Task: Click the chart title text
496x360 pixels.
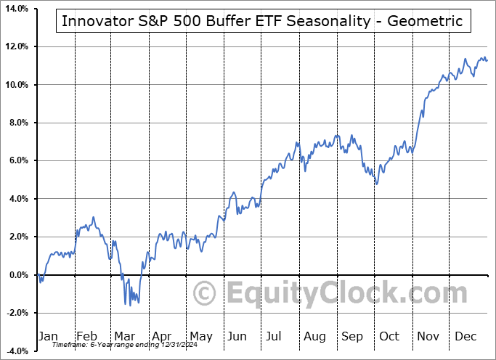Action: (262, 21)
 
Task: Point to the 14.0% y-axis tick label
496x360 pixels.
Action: (15, 9)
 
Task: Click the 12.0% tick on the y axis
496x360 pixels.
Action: (15, 46)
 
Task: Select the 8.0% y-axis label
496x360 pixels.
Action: (15, 123)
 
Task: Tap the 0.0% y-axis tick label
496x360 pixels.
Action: (15, 275)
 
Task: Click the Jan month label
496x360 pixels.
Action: (49, 336)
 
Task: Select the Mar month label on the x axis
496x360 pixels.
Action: (125, 336)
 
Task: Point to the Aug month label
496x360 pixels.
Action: (314, 336)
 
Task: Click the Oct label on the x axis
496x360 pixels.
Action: (389, 336)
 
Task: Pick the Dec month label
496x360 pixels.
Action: (466, 336)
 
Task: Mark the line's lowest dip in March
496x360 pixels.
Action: (130, 306)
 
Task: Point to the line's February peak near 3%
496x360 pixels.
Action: (93, 217)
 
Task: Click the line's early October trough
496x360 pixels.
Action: (376, 184)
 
